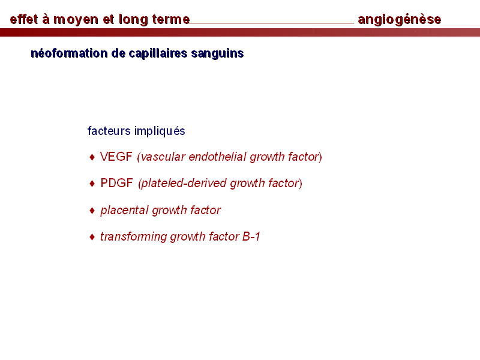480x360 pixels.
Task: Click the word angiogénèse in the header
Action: point(400,20)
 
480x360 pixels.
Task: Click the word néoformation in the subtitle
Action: point(69,53)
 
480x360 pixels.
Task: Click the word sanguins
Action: point(217,53)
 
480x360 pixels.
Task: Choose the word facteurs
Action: point(109,131)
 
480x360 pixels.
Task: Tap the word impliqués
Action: point(160,131)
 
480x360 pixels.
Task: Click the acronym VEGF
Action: point(116,157)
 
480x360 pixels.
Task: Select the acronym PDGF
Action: point(116,183)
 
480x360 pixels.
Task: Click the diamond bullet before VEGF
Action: point(92,157)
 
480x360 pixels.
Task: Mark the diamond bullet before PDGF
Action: point(92,184)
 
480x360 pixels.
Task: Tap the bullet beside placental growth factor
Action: point(92,211)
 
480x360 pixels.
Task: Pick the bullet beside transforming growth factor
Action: point(92,237)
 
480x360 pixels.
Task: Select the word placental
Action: point(125,211)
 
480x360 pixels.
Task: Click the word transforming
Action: point(133,236)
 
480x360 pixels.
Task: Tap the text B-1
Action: point(251,236)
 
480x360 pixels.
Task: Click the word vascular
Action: point(163,157)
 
